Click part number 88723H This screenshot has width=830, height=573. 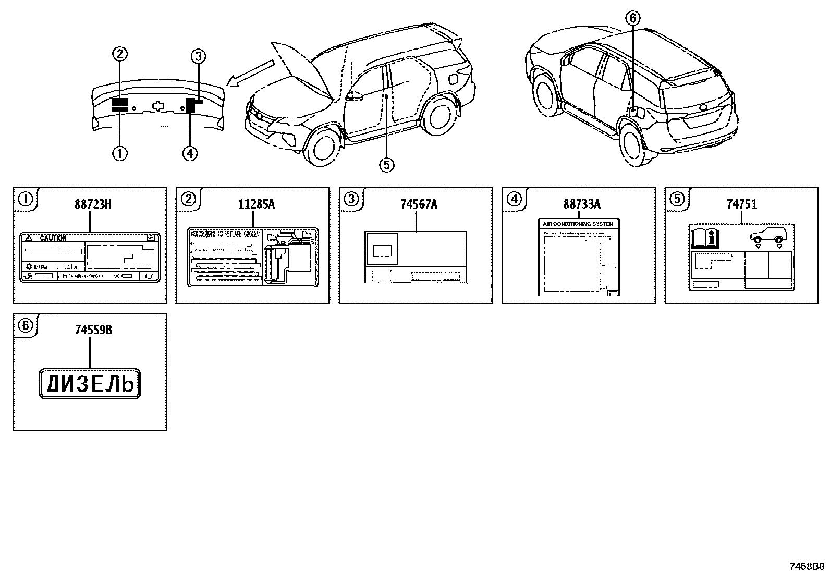pos(92,204)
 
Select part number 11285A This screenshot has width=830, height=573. pos(256,204)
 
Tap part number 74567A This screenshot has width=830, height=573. pos(419,204)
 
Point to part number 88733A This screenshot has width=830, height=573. pos(581,204)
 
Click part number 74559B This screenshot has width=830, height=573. pos(92,330)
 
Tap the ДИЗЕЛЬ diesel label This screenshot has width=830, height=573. pos(90,385)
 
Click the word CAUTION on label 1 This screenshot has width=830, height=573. pos(53,238)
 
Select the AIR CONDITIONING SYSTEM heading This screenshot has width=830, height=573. pos(578,223)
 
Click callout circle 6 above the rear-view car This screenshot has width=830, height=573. pos(632,18)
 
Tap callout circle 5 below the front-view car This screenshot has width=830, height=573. pos(386,165)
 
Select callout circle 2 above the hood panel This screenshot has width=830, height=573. pos(120,53)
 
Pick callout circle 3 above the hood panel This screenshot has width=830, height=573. pos(198,56)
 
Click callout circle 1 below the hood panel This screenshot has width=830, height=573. pos(120,153)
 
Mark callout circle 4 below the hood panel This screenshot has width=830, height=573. pos(190,153)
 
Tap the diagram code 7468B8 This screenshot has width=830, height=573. pos(807,566)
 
